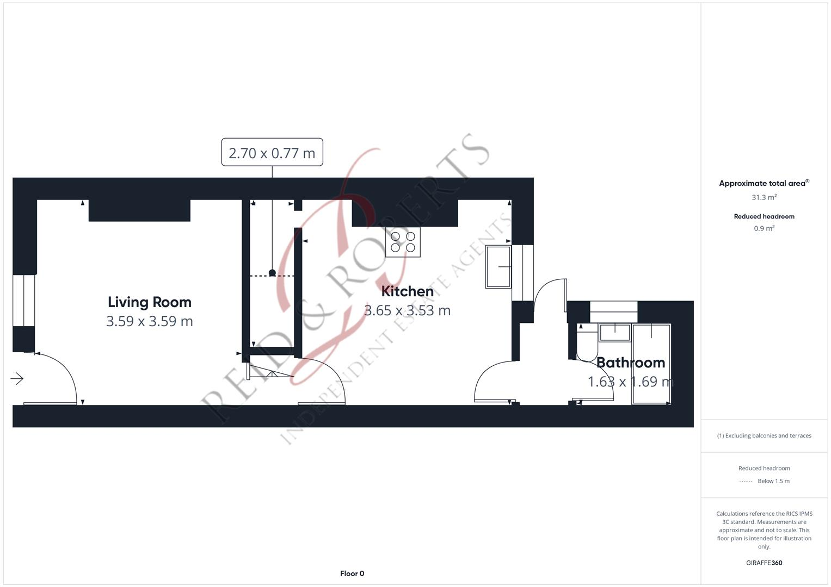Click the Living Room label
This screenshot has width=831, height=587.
tap(150, 302)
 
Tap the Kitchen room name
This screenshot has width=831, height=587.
tap(408, 291)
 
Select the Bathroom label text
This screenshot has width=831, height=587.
tap(631, 363)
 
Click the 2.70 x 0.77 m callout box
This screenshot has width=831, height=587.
tap(272, 153)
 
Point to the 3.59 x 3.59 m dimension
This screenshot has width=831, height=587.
tap(150, 321)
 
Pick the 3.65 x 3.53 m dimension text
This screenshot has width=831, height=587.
tap(408, 310)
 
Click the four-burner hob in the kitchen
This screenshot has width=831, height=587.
tap(403, 242)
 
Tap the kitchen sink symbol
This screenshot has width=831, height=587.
tap(498, 267)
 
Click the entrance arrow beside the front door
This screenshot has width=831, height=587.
tap(17, 379)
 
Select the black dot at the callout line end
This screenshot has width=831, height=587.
tap(272, 273)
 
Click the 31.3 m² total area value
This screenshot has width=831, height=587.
tap(764, 197)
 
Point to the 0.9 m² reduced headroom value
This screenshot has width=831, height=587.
tap(764, 228)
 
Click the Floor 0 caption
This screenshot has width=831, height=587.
tap(352, 573)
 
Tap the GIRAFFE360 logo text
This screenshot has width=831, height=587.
tap(764, 563)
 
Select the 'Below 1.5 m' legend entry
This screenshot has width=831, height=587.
tap(773, 481)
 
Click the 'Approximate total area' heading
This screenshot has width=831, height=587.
tap(763, 184)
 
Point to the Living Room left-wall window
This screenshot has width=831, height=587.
tap(24, 301)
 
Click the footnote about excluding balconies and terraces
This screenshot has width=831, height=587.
tap(764, 435)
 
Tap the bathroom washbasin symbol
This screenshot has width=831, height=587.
tap(615, 332)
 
